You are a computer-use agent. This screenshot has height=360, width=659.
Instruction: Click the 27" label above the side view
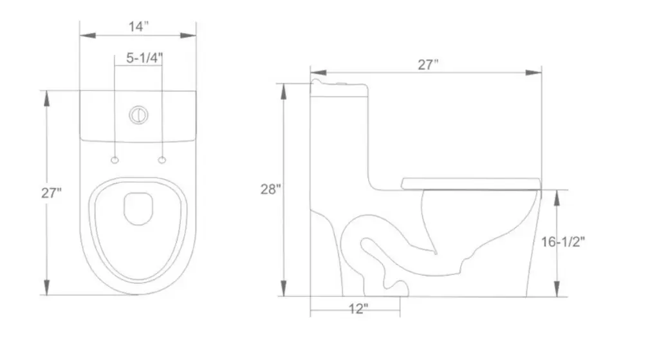428,64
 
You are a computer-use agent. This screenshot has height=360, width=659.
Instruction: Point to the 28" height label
271,189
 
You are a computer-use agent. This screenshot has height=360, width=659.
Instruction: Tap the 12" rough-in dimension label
358,309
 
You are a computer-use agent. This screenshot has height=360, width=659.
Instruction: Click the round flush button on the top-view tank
138,115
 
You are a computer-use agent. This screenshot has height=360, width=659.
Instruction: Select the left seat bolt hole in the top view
115,159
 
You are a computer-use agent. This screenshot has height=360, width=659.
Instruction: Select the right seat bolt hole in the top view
162,159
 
